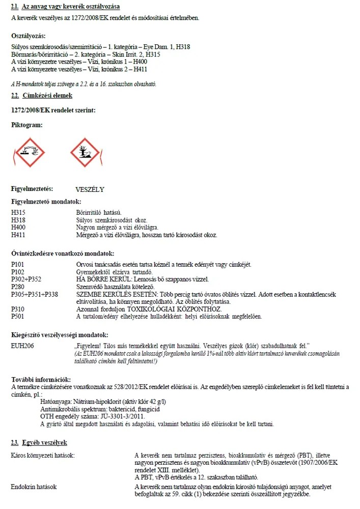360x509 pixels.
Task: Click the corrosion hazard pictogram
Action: coord(27,153)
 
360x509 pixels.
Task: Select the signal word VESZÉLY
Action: coord(90,189)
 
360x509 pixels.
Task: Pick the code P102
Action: coord(18,272)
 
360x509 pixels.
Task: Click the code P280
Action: coord(18,287)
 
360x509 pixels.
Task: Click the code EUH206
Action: coord(21,346)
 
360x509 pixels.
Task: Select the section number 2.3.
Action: coord(15,443)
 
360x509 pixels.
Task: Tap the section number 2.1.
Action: coord(15,6)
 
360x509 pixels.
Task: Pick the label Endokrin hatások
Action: coord(34,487)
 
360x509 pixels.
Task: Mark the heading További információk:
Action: coord(41,380)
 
